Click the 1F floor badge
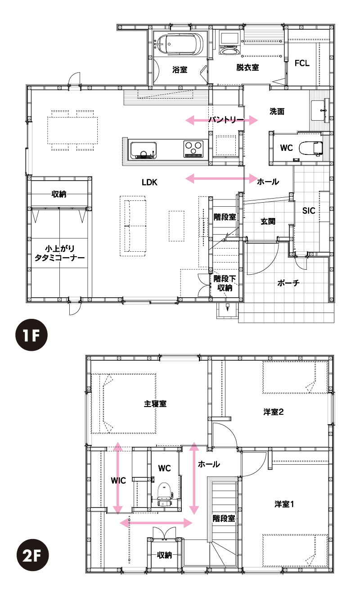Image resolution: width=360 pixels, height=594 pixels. [31, 335]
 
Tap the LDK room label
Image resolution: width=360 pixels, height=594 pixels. [149, 182]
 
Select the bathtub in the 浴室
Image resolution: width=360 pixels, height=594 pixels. [180, 44]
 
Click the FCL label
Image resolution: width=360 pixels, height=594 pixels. [302, 63]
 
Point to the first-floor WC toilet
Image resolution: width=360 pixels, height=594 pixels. [310, 148]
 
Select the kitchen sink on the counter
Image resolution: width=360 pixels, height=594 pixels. [143, 150]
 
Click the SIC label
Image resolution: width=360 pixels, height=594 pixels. [309, 211]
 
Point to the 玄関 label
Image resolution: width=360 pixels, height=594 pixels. [268, 221]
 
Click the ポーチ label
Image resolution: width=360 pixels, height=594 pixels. [288, 283]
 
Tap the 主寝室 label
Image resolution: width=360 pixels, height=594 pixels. [155, 404]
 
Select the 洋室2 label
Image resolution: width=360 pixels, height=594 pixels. [274, 412]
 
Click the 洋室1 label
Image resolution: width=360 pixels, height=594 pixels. [284, 504]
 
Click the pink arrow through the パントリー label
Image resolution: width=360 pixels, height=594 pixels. [221, 120]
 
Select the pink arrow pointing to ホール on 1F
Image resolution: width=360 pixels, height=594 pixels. [221, 178]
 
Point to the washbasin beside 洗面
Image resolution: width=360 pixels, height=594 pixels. [320, 109]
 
